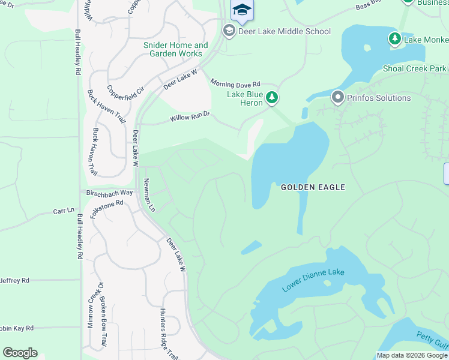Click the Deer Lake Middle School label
click(x=285, y=31)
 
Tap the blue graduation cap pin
click(x=242, y=10)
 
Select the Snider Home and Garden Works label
click(x=176, y=49)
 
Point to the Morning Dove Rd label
click(x=235, y=83)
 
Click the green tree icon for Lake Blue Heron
click(x=272, y=97)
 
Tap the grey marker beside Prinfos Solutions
click(x=337, y=97)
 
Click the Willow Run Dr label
click(x=190, y=116)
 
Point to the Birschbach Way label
click(x=109, y=193)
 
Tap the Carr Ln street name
click(x=63, y=211)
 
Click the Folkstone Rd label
click(x=106, y=209)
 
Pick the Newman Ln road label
click(x=149, y=196)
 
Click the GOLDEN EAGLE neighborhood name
click(x=313, y=187)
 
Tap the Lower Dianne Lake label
click(x=313, y=280)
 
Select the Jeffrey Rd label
click(x=14, y=280)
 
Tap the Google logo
click(x=20, y=353)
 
